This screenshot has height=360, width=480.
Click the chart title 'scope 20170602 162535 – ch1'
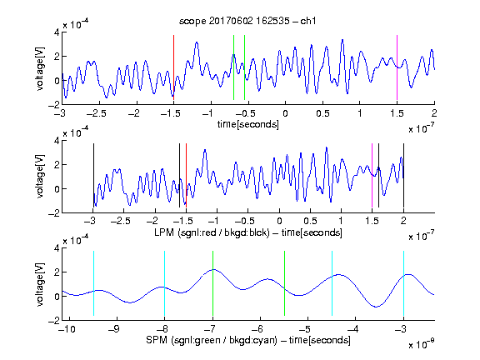247,21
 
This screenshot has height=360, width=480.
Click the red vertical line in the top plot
174,67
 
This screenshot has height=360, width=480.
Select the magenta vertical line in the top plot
397,67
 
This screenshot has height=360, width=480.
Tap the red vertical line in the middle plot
186,175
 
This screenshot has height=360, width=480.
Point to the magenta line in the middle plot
372,175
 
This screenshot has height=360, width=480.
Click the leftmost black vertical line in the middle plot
93,175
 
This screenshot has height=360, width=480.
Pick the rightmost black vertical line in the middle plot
403,175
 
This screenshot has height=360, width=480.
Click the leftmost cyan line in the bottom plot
93,283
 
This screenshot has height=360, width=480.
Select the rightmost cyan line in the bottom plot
403,283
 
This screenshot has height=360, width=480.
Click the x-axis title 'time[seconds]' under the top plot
248,124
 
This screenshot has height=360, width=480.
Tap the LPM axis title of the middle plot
248,232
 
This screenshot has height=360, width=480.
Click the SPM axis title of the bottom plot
248,340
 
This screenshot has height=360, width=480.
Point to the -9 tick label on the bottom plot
114,329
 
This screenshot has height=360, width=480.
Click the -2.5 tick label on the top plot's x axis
96,113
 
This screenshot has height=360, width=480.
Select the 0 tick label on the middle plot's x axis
279,221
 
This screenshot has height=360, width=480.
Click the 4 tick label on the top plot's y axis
57,32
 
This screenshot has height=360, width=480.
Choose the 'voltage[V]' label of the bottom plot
40,284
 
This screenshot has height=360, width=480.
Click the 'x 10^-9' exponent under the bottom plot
422,343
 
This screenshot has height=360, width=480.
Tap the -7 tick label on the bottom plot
209,329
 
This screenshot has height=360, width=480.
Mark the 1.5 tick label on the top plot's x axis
397,113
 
